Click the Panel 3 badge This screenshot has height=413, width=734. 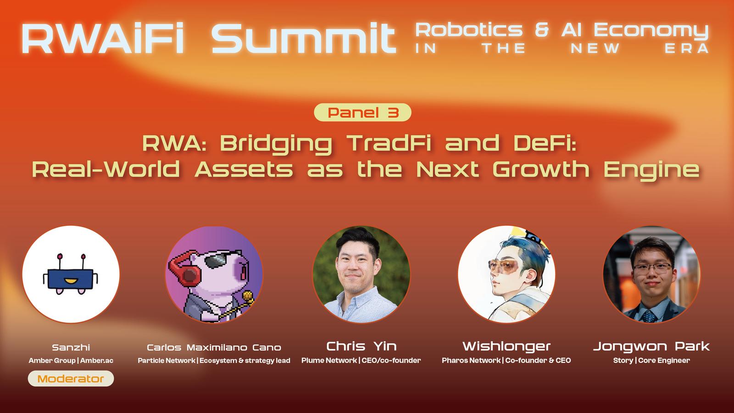tap(362, 112)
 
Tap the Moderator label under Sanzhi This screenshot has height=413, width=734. tap(71, 379)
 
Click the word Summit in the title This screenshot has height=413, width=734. tap(304, 38)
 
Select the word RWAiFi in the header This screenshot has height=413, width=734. tap(103, 38)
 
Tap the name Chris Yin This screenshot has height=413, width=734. tap(361, 346)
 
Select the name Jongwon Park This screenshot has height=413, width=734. tap(651, 346)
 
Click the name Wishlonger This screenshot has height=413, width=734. tap(506, 346)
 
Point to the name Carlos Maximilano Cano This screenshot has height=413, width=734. tap(214, 347)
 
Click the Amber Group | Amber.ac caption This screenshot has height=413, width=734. tap(71, 361)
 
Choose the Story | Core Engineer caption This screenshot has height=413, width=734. tap(651, 361)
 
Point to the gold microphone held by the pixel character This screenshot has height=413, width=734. tap(247, 297)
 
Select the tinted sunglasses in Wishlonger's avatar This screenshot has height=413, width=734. tap(505, 267)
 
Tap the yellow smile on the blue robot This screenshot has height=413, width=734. tap(70, 281)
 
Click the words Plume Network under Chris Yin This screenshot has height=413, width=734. tap(329, 361)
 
